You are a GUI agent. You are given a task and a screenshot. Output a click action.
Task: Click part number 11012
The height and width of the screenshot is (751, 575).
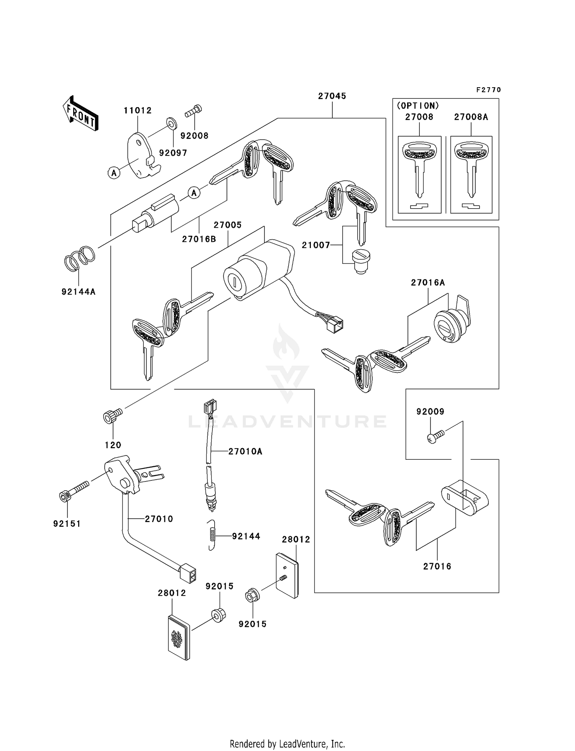[x=138, y=111]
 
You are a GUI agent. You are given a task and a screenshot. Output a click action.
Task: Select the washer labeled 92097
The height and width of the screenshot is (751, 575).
[x=171, y=123]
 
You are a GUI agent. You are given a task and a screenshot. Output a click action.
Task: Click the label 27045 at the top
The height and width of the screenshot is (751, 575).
[x=332, y=96]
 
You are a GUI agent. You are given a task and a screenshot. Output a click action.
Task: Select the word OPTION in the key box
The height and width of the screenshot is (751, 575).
[x=418, y=106]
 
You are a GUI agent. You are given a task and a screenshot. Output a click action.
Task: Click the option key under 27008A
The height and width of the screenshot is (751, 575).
[x=471, y=168]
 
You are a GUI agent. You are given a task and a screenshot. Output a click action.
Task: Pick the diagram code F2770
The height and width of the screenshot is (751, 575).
[x=488, y=90]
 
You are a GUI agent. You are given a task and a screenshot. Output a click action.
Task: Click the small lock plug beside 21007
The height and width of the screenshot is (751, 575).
[x=360, y=261]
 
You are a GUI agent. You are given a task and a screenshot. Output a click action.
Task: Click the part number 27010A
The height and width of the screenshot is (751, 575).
[x=245, y=452]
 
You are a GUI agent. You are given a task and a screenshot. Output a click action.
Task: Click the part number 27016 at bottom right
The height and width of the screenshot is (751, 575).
[x=437, y=566]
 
